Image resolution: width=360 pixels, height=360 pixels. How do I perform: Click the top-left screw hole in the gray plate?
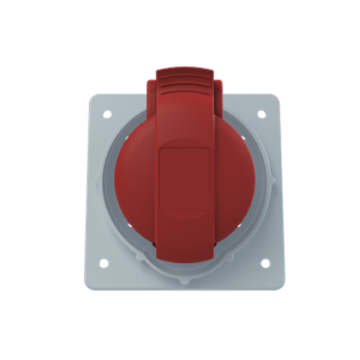point(107,113)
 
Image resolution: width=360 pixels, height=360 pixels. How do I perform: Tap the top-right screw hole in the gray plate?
point(262,113)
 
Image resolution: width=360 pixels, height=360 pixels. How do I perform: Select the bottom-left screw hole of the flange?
point(103,263)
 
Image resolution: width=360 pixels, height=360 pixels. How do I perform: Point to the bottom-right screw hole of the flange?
point(265,263)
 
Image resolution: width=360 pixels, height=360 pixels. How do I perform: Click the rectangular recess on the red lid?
point(184,179)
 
